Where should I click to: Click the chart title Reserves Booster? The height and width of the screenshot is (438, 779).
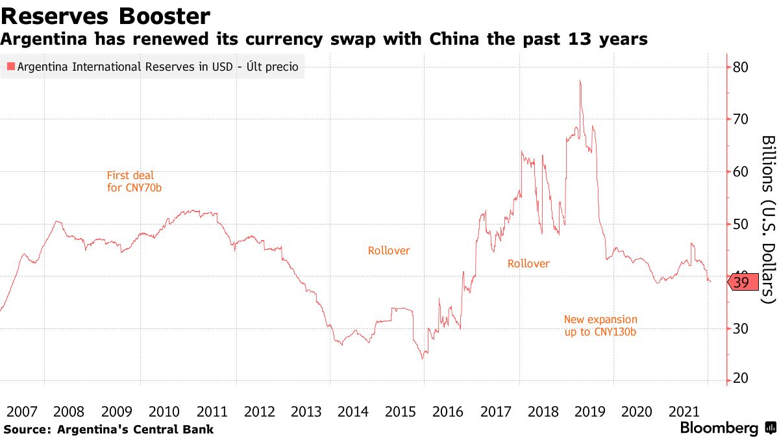tap(105, 16)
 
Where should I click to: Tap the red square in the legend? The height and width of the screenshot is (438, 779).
tap(10, 67)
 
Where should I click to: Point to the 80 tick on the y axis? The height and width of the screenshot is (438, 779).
tap(741, 67)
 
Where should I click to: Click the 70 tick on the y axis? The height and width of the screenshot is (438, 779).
tap(741, 119)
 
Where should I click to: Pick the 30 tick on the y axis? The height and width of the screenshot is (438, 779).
tap(741, 328)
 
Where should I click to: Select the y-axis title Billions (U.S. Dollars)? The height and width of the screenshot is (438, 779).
tap(768, 219)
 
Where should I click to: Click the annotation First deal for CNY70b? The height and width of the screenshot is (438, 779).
tap(131, 181)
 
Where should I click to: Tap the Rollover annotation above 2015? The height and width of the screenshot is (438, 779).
tap(389, 250)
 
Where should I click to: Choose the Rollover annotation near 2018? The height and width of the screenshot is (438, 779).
tap(528, 263)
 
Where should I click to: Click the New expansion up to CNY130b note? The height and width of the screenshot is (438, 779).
tap(600, 326)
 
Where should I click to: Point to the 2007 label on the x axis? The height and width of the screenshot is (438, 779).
tap(21, 411)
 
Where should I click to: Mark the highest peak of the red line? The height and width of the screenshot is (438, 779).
tap(580, 81)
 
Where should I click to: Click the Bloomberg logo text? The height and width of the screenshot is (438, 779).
tap(719, 428)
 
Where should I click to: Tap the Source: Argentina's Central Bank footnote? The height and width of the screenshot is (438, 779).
tap(108, 429)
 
